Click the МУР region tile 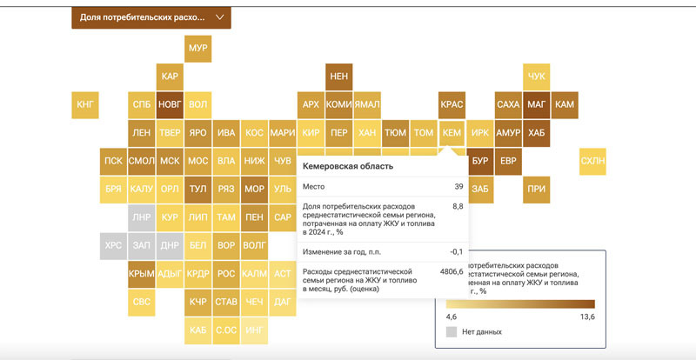click(x=197, y=48)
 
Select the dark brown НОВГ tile click(x=170, y=105)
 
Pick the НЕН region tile click(x=338, y=77)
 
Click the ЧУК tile click(x=537, y=77)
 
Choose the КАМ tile click(x=565, y=105)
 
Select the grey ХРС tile click(x=113, y=245)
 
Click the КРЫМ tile click(x=141, y=274)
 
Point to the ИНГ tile click(x=254, y=330)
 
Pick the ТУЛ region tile click(x=197, y=189)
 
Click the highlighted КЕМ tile click(x=452, y=133)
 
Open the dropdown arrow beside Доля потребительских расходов click(x=219, y=17)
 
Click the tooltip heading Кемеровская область click(x=347, y=166)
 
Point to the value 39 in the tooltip click(x=458, y=187)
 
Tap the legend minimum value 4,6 click(x=452, y=317)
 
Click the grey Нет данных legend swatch click(x=451, y=331)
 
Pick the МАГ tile click(x=537, y=105)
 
